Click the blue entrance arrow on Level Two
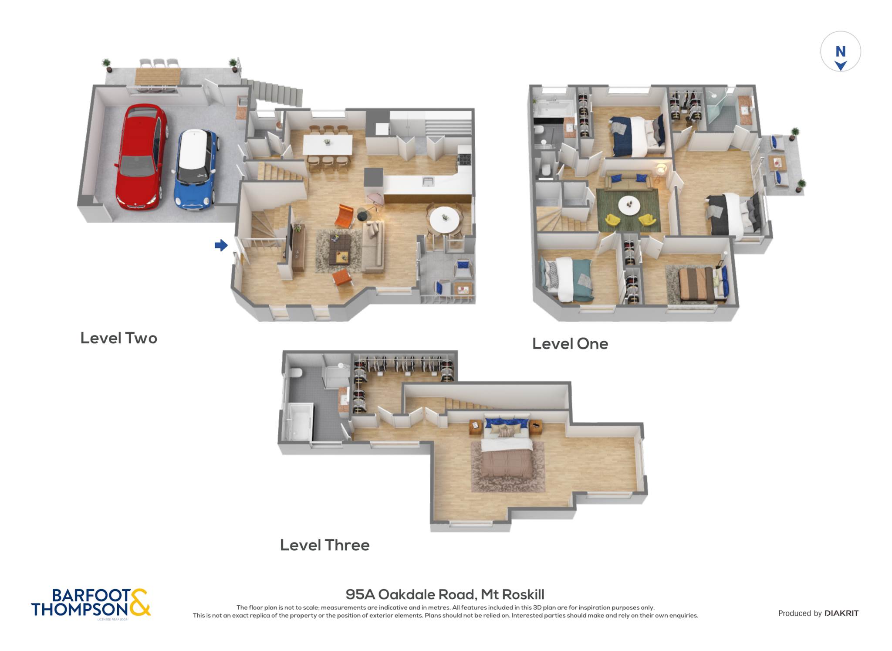click(221, 245)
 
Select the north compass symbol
click(840, 51)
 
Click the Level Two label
click(118, 338)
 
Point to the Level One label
click(570, 344)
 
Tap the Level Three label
click(324, 545)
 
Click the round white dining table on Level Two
click(444, 220)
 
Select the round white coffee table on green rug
click(629, 205)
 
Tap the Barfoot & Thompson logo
click(91, 603)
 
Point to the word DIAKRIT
click(841, 613)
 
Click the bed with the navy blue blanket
click(637, 136)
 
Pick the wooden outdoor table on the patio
click(158, 77)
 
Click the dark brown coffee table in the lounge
click(340, 249)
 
